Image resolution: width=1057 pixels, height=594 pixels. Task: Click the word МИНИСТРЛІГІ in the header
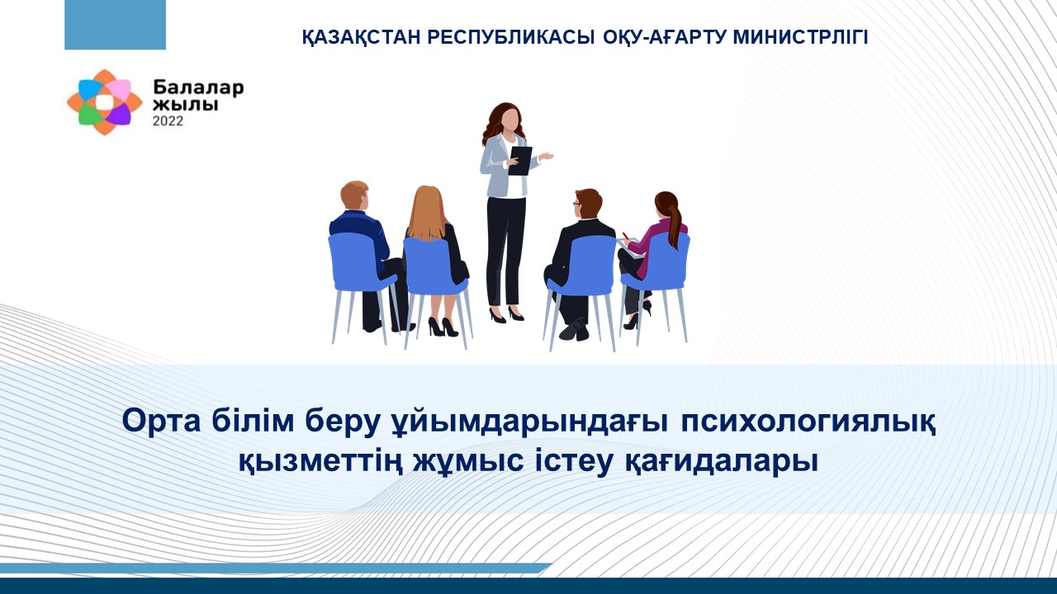[x=800, y=37]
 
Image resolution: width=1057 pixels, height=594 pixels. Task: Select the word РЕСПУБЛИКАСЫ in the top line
[x=511, y=38]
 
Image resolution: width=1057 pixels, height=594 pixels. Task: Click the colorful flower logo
[x=104, y=102]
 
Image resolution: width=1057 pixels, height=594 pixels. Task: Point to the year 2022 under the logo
[x=168, y=121]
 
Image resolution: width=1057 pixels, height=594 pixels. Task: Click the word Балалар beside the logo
[x=198, y=87]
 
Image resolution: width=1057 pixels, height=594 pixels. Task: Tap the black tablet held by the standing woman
[x=520, y=161]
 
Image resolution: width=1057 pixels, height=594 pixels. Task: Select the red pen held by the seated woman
[x=626, y=236]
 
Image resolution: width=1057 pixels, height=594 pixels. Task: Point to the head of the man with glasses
[x=587, y=203]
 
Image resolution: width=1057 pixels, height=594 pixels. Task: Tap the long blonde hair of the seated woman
[x=428, y=214]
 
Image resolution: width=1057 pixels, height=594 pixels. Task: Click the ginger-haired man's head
[x=354, y=196]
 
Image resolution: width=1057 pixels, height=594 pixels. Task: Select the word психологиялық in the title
[x=808, y=422]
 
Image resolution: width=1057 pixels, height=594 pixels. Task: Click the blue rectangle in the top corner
[x=115, y=25]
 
